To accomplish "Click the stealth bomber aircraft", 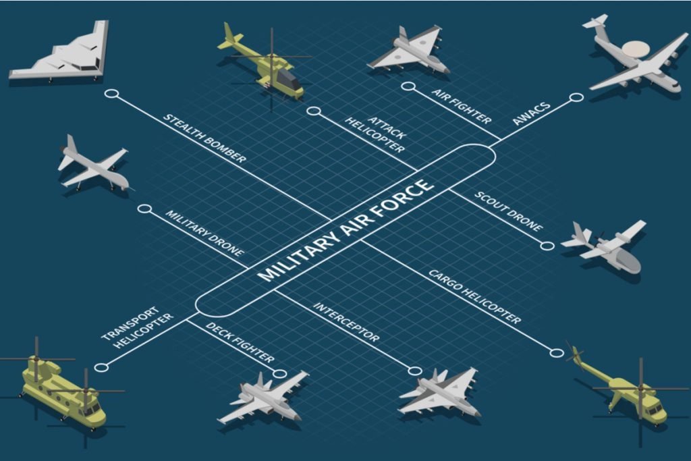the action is point(64,54).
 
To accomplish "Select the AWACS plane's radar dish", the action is point(637,49).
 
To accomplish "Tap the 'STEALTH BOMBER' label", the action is point(205,138).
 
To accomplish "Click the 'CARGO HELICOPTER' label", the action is point(475,296).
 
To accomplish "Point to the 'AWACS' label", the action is point(532,113).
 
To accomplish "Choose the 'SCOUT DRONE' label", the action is point(508,211).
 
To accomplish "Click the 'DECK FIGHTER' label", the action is point(240,344).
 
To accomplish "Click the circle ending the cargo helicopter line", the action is point(557,352).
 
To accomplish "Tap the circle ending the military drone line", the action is point(143,209).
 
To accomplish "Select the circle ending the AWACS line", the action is point(576,97).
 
